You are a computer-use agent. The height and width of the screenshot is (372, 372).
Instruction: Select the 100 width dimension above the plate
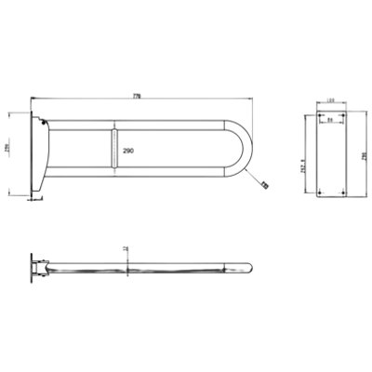tap(329, 103)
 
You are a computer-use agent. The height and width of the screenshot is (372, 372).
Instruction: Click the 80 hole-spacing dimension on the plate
tap(329, 120)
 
